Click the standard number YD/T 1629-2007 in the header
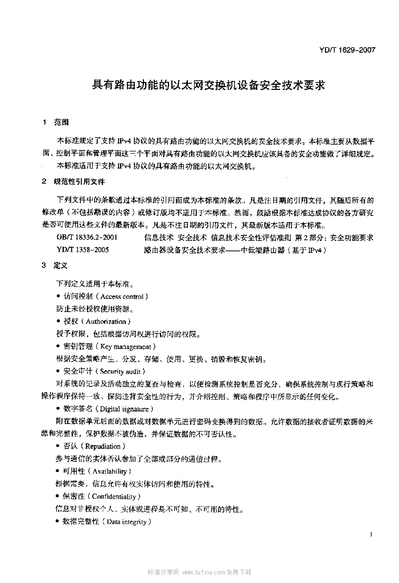click(x=347, y=50)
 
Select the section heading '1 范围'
click(x=56, y=122)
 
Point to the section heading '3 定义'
click(x=56, y=266)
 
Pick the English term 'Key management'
click(x=126, y=347)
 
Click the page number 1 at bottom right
click(x=371, y=535)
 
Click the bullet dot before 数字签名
click(x=59, y=409)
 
